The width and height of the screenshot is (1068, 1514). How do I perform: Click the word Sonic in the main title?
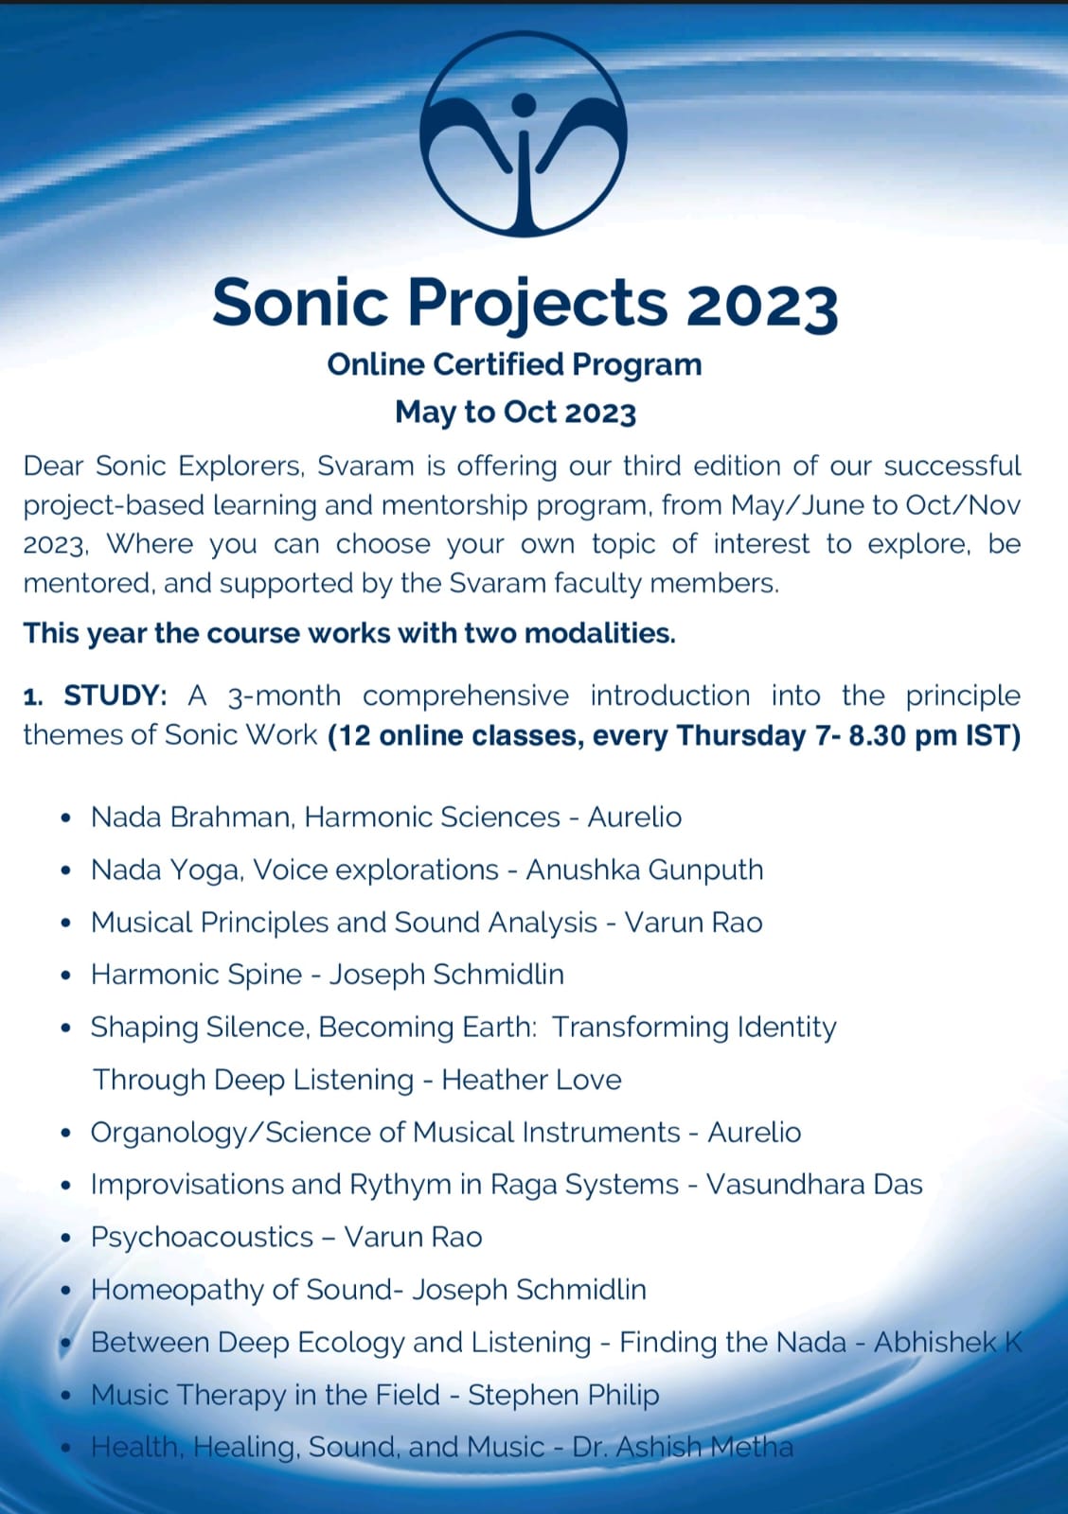coord(301,303)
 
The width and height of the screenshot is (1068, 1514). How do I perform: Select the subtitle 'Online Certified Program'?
coord(514,364)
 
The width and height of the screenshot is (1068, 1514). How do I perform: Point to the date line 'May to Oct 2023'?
coord(515,413)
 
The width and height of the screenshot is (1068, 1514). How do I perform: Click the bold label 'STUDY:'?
coord(116,695)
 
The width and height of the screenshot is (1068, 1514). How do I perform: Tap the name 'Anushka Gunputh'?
coord(644,870)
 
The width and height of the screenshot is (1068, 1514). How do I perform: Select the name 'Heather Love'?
coord(531,1080)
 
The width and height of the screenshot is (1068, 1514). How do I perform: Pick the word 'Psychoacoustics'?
coord(202,1238)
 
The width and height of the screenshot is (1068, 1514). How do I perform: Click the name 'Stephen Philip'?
coord(563,1395)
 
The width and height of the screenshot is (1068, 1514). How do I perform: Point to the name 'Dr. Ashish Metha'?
coord(683,1447)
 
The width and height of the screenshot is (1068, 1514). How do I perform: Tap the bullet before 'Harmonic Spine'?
coord(65,976)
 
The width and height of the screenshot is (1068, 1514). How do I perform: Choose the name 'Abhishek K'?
coord(947,1342)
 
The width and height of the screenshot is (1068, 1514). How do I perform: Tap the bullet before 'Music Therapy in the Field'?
coord(65,1396)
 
